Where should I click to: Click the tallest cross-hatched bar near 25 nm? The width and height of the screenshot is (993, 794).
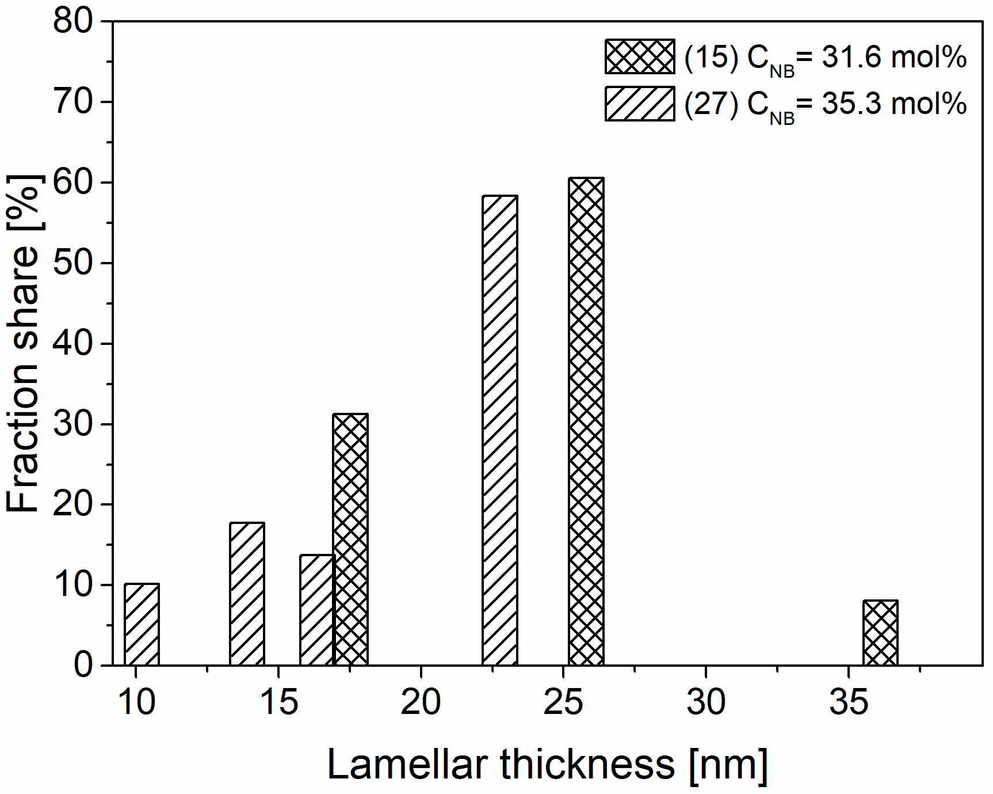click(586, 421)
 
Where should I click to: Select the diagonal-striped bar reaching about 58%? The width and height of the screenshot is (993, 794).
click(499, 431)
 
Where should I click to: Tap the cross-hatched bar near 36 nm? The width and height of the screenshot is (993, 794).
click(880, 633)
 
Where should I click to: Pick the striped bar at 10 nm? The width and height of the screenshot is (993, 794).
click(142, 625)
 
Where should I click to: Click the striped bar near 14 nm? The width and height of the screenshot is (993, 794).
click(247, 594)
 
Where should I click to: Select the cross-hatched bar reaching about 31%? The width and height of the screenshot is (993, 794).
click(350, 540)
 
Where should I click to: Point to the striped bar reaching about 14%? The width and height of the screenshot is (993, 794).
click(316, 610)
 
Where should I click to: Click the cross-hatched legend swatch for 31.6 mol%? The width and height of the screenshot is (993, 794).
click(639, 56)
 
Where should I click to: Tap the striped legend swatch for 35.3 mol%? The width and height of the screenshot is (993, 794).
click(639, 104)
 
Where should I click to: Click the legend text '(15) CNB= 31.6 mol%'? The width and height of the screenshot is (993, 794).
click(825, 58)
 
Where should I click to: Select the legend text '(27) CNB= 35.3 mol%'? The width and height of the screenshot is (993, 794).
click(825, 105)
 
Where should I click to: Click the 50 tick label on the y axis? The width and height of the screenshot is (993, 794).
click(72, 264)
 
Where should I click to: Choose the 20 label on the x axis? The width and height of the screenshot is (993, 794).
click(421, 702)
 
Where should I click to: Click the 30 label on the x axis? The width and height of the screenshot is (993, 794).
click(705, 702)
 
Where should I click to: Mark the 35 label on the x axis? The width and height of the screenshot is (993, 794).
click(848, 702)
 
